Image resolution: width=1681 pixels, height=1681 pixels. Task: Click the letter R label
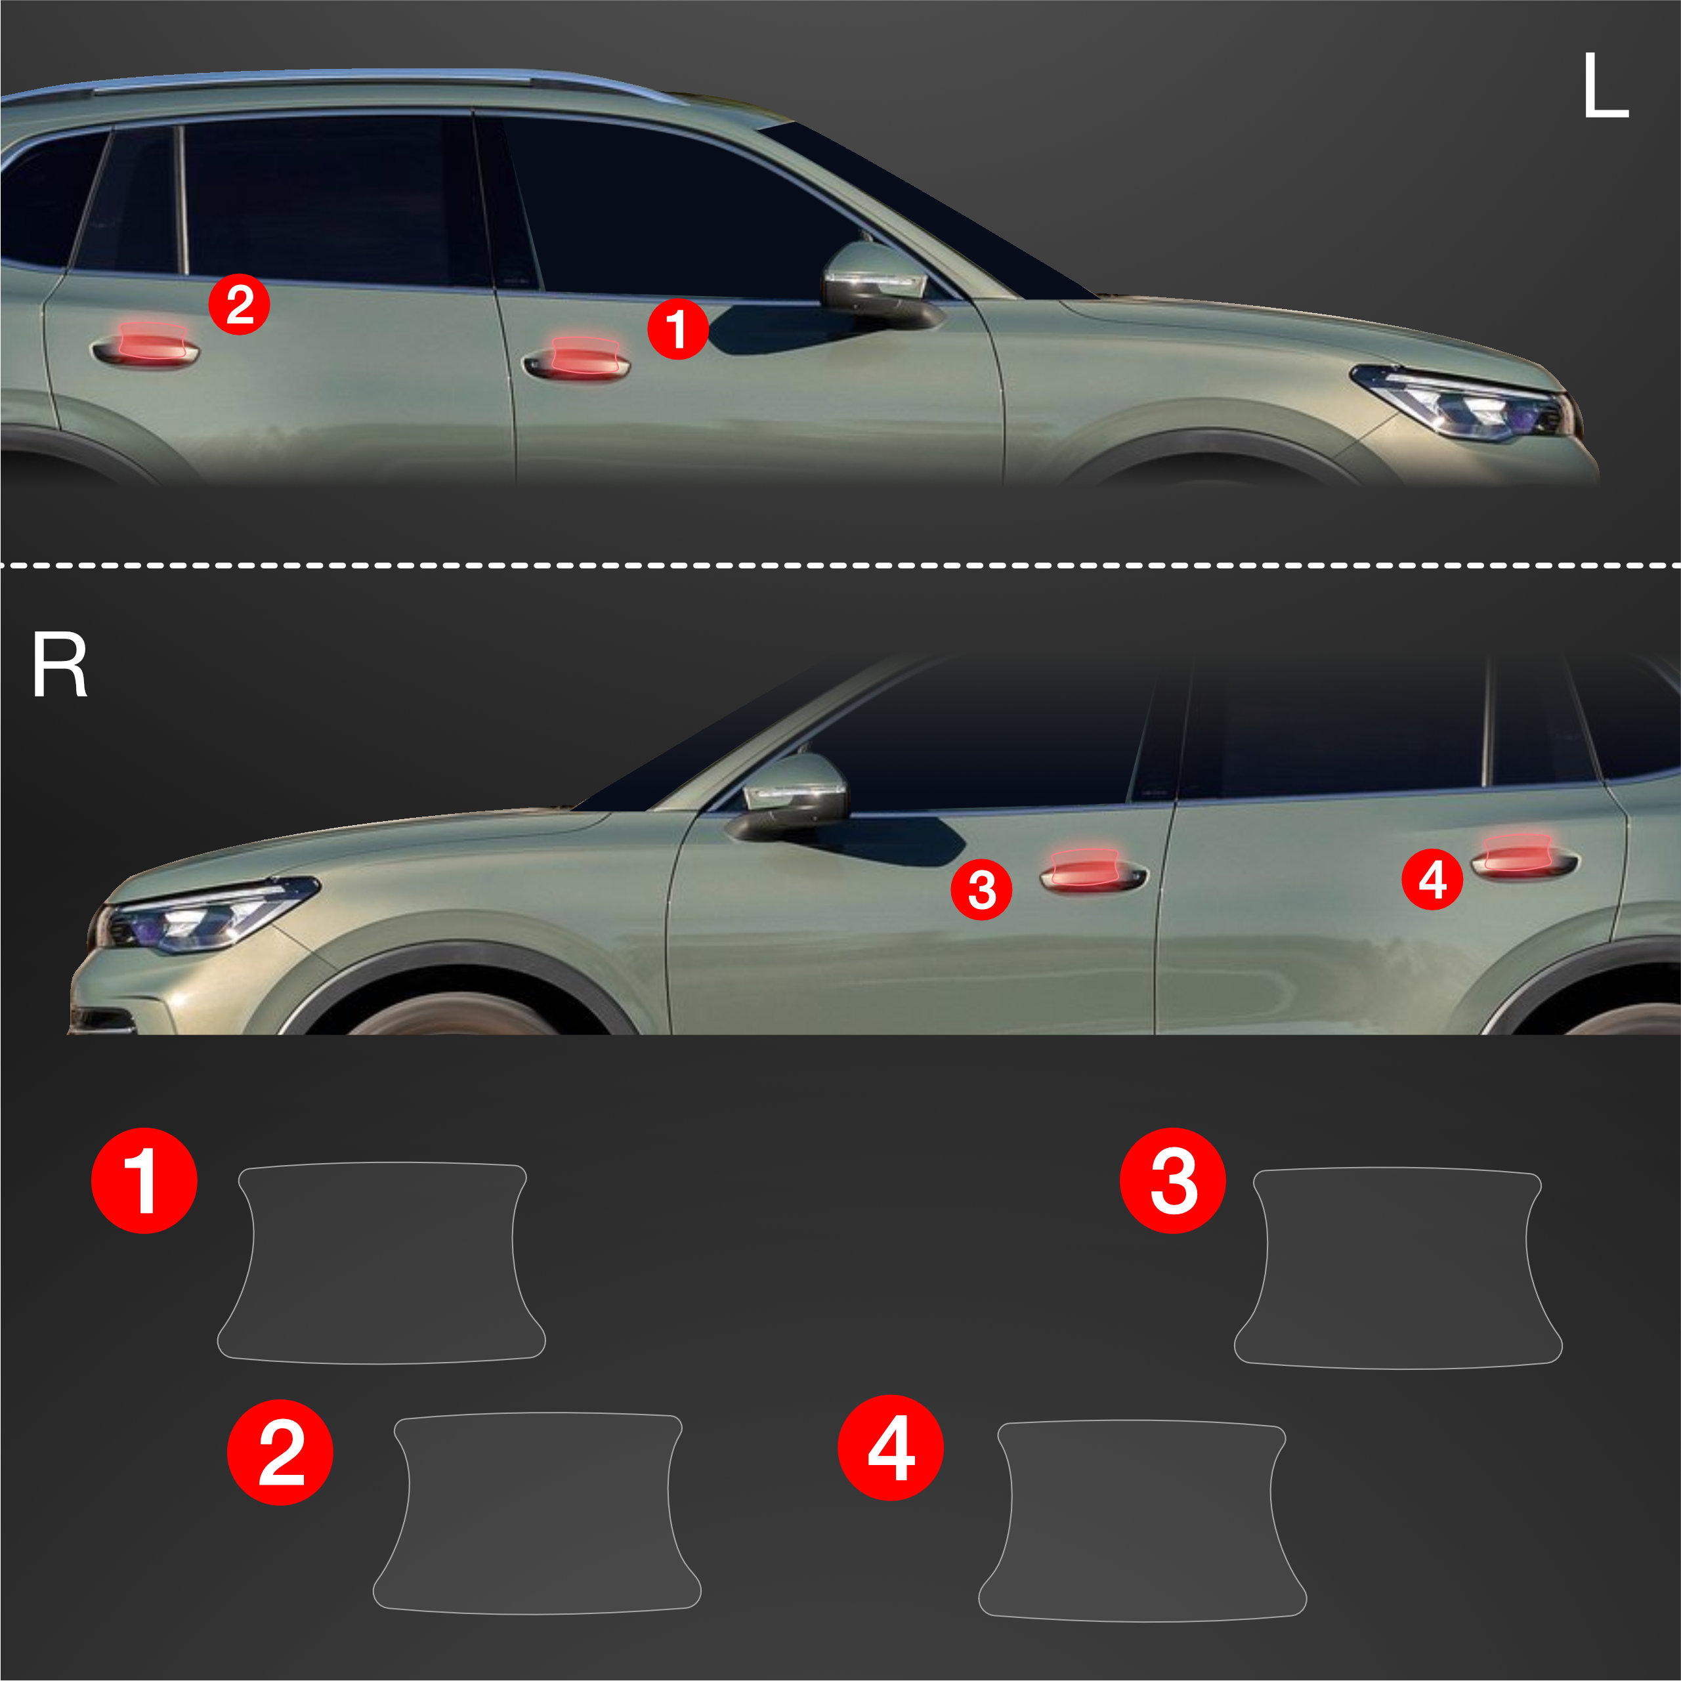[59, 666]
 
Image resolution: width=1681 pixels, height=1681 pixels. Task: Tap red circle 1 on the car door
[678, 329]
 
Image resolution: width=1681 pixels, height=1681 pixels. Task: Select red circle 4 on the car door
[1432, 880]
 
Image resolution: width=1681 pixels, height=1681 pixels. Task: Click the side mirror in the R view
[790, 796]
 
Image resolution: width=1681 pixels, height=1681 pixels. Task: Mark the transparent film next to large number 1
[381, 1264]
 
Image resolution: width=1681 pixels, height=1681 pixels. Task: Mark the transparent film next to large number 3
[1398, 1269]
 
